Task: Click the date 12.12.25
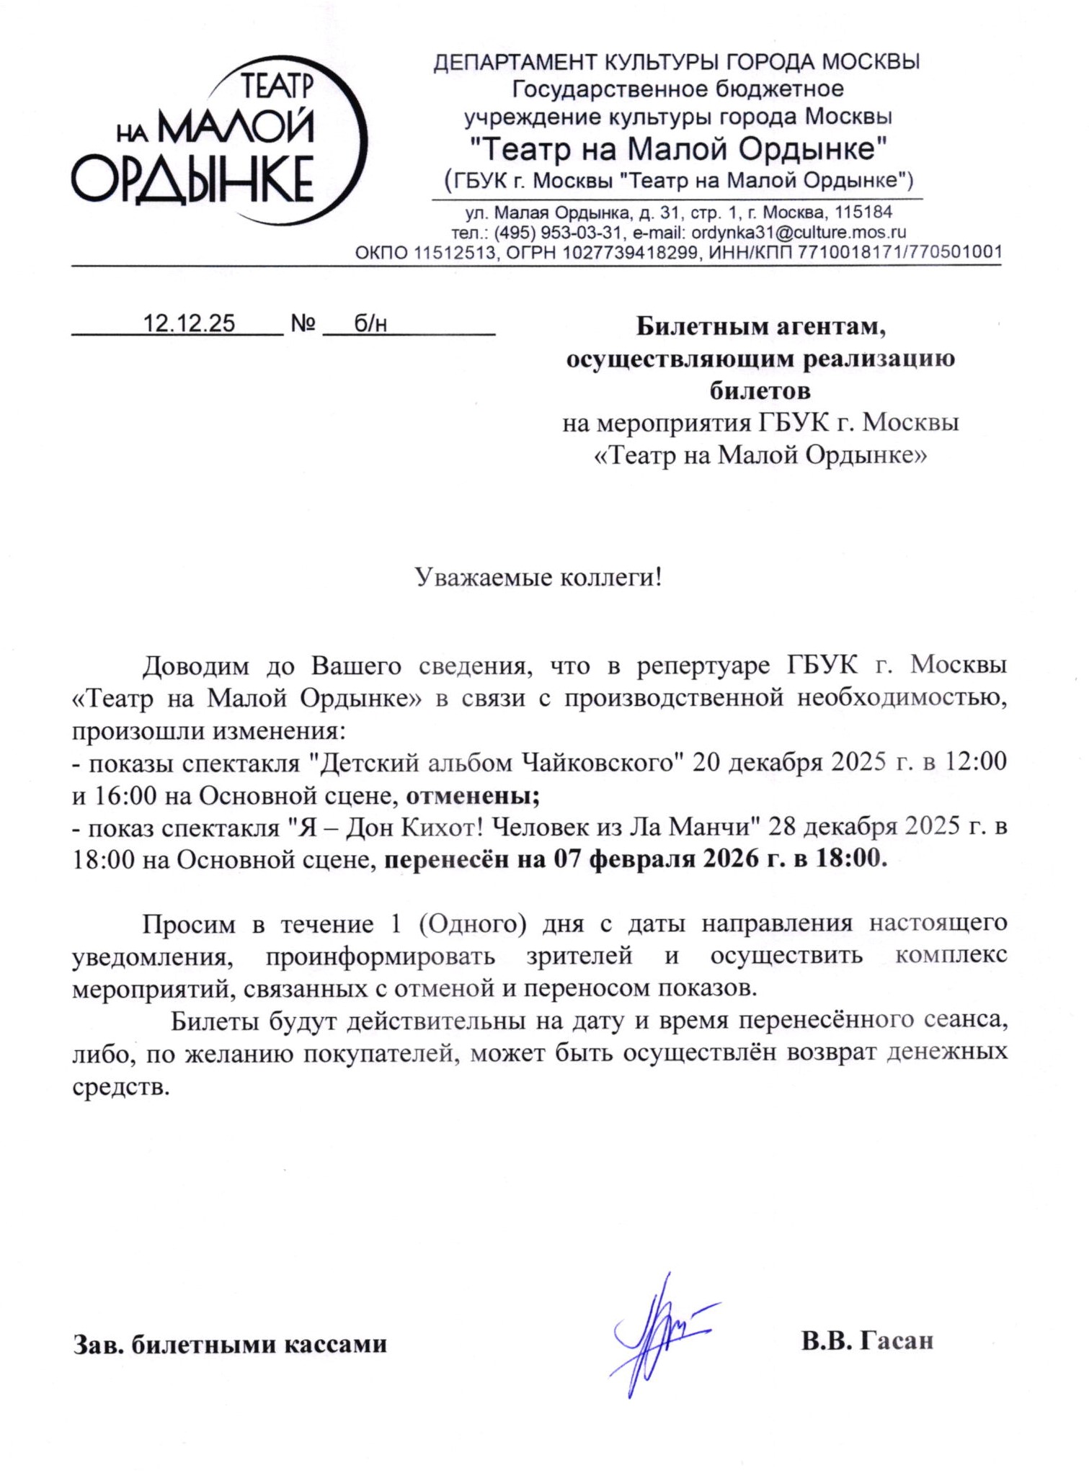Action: point(189,323)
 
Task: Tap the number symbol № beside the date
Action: point(303,323)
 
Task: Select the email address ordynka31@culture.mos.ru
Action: point(798,233)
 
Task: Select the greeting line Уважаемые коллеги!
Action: point(538,578)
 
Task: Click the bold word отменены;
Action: point(473,796)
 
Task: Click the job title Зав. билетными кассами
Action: point(230,1344)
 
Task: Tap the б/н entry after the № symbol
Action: point(370,323)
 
